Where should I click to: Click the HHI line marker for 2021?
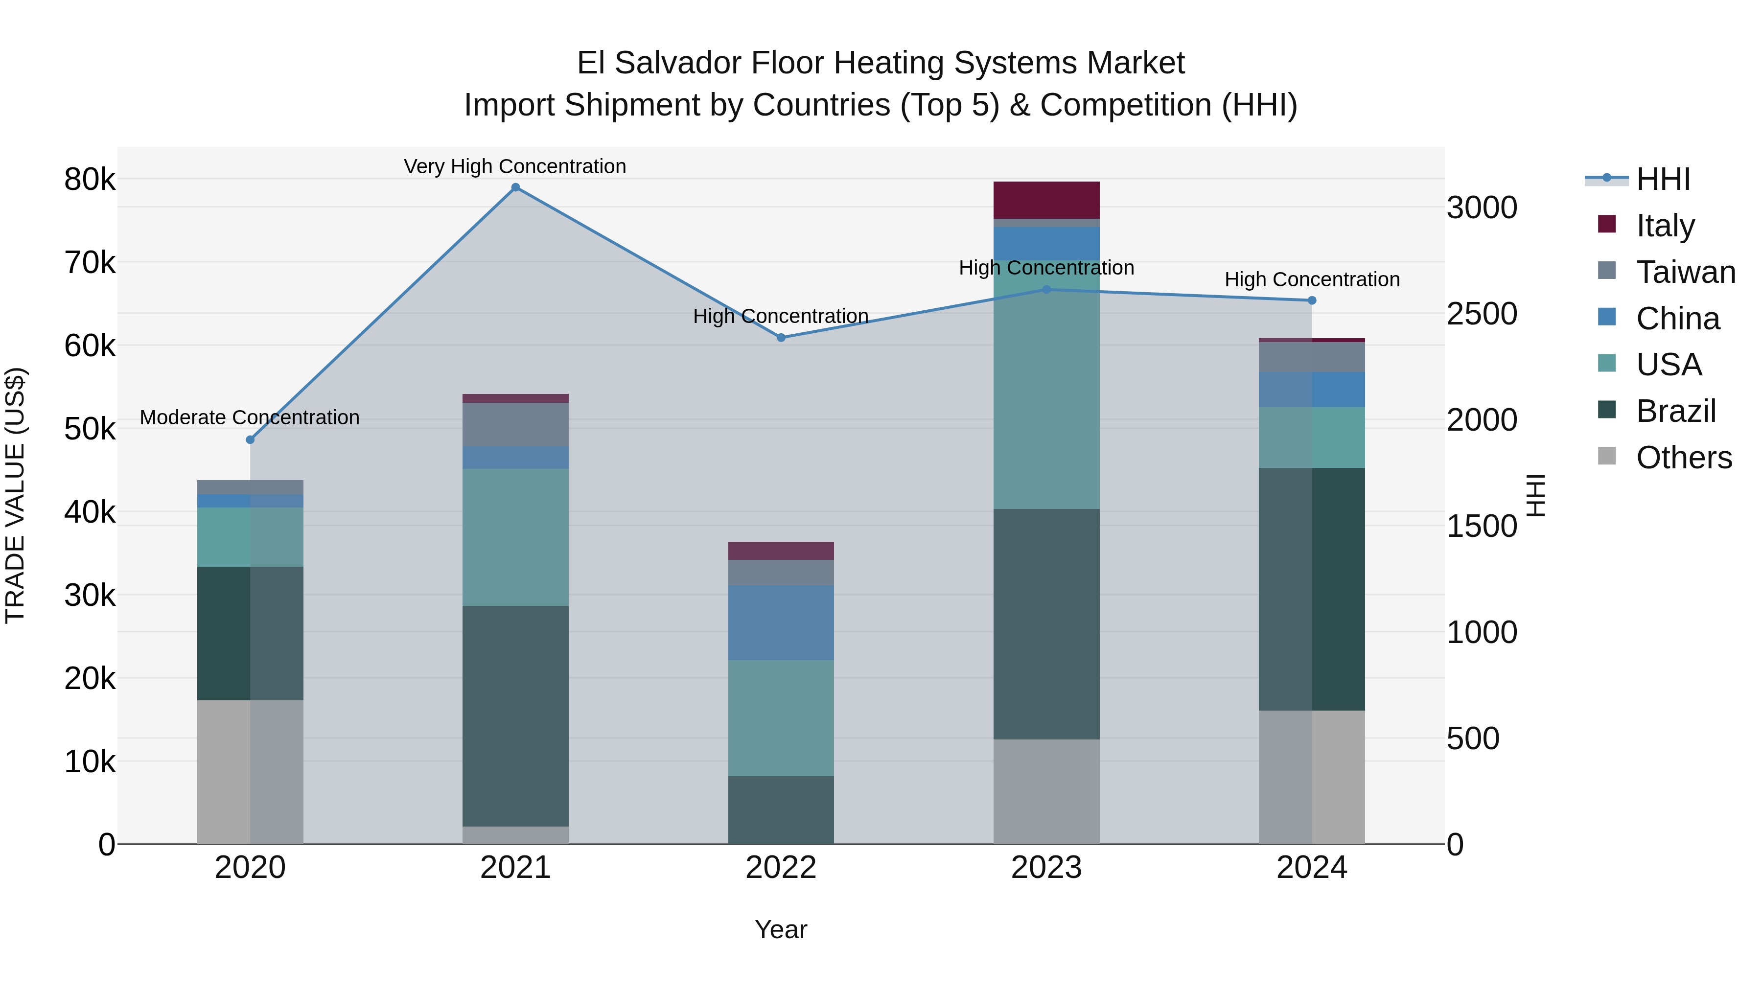pyautogui.click(x=516, y=187)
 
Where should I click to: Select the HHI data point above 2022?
pyautogui.click(x=781, y=337)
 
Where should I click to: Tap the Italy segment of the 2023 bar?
pyautogui.click(x=1046, y=200)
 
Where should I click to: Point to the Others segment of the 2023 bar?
pyautogui.click(x=1046, y=791)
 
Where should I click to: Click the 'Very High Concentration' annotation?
pyautogui.click(x=514, y=166)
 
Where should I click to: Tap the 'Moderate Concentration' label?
pyautogui.click(x=249, y=417)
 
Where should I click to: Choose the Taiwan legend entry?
pyautogui.click(x=1685, y=272)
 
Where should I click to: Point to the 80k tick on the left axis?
pyautogui.click(x=90, y=180)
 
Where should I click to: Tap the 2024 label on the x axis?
pyautogui.click(x=1311, y=868)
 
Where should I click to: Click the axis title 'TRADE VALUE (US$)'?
pyautogui.click(x=15, y=495)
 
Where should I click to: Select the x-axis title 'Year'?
pyautogui.click(x=781, y=929)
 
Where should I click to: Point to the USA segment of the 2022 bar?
pyautogui.click(x=781, y=717)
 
